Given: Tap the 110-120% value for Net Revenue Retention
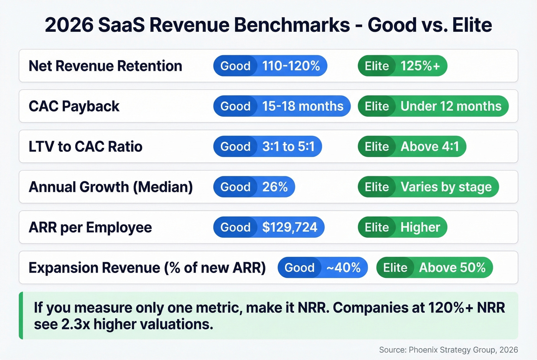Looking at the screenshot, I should pos(291,66).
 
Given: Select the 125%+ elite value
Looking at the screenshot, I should pos(420,66).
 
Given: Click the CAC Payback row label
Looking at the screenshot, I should pos(74,106).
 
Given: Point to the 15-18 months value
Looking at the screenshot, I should pos(303,106).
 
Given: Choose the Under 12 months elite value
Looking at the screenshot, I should pos(451,106).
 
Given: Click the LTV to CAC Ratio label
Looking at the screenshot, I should pos(86,146).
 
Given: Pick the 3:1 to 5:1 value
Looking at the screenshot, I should pos(288,146).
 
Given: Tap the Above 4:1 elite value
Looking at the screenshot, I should pos(430,146).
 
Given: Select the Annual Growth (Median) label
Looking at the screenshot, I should pos(111,187).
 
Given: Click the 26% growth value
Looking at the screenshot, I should pos(275,187).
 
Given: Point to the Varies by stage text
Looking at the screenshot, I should pos(446,187).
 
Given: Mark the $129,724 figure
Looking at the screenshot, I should pos(290,227).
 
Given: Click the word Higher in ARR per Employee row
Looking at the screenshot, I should pos(420,227).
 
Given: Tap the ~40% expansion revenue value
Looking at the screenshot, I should pos(343,268).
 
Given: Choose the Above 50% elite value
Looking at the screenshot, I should pos(452,268).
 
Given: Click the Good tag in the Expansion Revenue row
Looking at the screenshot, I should pos(299,268).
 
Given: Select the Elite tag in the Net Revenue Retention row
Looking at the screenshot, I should pos(377,66).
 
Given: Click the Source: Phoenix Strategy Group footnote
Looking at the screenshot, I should pos(448,350).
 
